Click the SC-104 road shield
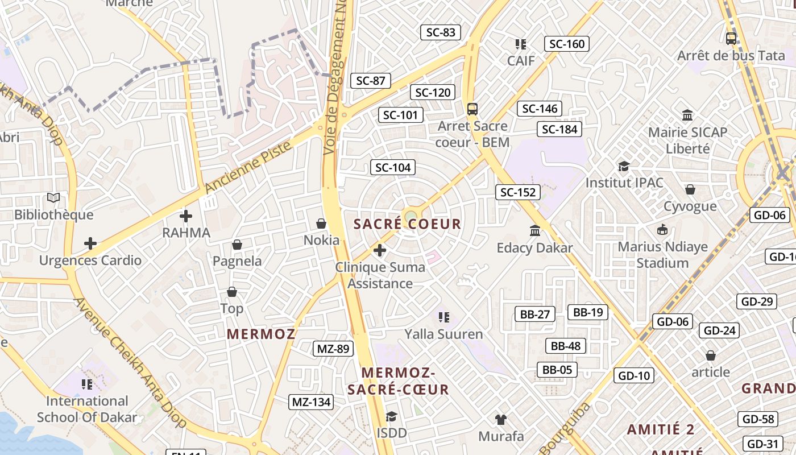point(393,167)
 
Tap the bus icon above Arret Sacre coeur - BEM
point(472,109)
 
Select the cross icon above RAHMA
point(186,216)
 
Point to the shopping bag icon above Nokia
point(321,224)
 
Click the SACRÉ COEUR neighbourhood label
point(407,224)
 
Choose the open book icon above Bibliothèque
point(53,198)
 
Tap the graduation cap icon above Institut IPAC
point(624,166)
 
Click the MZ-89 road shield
point(333,349)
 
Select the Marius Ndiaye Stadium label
point(662,255)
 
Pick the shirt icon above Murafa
point(500,420)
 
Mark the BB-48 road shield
point(566,346)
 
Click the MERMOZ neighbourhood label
point(261,334)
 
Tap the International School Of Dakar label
point(87,409)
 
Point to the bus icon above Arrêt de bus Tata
point(731,39)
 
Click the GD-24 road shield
point(720,330)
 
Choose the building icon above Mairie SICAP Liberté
point(687,115)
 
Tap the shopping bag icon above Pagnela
point(237,245)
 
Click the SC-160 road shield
point(567,44)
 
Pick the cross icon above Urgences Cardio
point(90,243)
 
